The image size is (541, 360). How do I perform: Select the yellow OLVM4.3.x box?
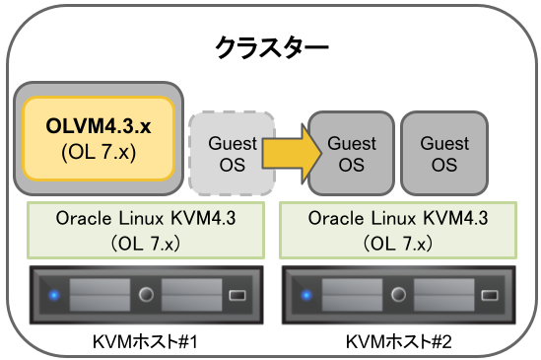point(99,138)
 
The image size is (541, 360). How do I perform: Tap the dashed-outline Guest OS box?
point(233,153)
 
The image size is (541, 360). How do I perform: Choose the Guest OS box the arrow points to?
point(351,153)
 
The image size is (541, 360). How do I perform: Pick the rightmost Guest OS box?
point(444,153)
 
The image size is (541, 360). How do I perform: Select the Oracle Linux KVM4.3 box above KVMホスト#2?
point(398,228)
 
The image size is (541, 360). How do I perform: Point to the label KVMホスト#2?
point(398,341)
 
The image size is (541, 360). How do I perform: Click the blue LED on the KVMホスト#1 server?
point(53,294)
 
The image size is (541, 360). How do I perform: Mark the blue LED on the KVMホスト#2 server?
point(305,294)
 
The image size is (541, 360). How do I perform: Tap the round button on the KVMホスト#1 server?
point(147,294)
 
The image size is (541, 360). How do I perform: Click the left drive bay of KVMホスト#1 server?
point(99,294)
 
